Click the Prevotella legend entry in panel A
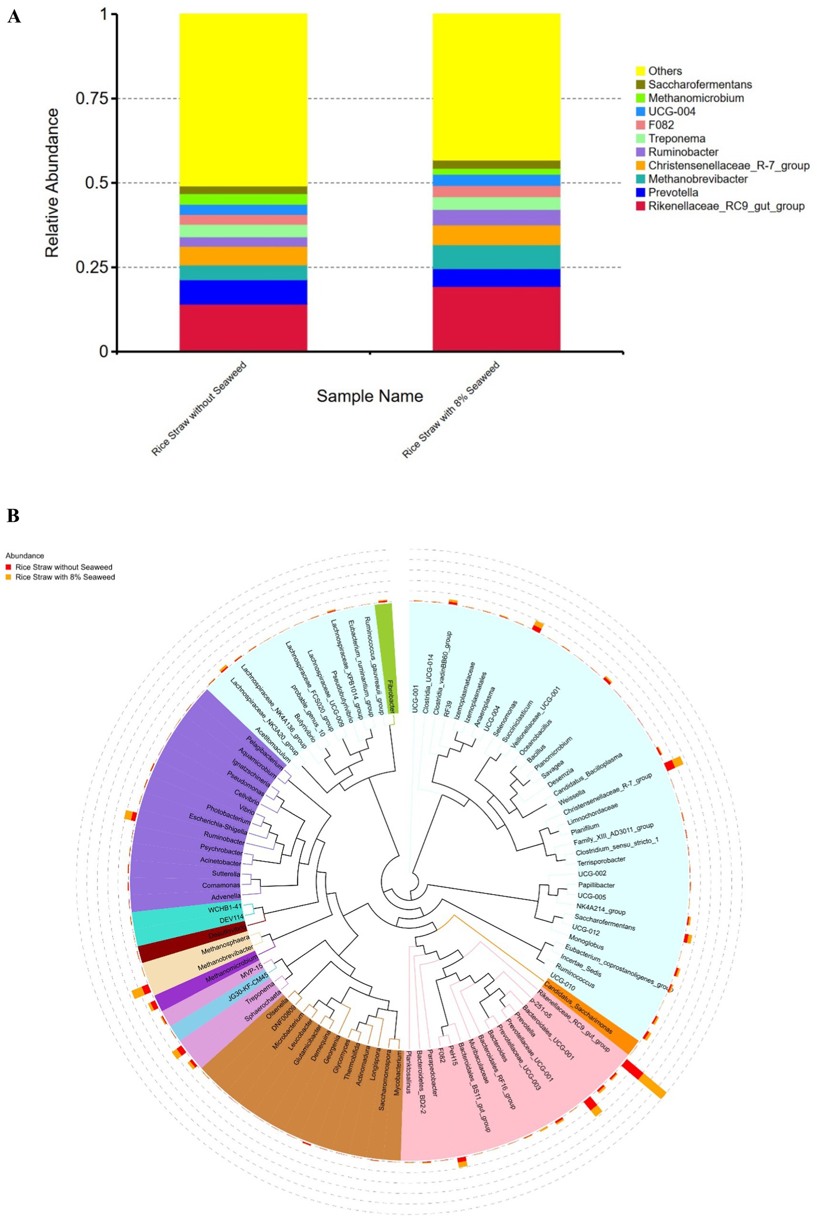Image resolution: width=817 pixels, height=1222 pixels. point(672,193)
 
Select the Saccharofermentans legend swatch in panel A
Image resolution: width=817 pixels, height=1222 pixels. point(641,84)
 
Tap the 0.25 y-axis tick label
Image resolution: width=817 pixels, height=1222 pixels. point(92,267)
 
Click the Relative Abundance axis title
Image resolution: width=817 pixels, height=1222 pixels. point(52,183)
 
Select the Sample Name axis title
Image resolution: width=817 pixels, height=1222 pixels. point(370,396)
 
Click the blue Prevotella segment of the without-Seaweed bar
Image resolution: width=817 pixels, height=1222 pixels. point(243,292)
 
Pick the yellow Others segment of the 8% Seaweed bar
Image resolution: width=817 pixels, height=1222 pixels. point(496,86)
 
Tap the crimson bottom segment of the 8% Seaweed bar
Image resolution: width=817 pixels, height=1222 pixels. point(496,319)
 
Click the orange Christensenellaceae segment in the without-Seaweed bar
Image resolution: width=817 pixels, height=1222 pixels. point(243,255)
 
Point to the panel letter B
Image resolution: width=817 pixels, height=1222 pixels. point(13,516)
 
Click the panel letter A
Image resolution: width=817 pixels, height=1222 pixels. point(14,17)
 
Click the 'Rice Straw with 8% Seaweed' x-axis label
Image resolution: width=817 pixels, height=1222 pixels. point(451,410)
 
